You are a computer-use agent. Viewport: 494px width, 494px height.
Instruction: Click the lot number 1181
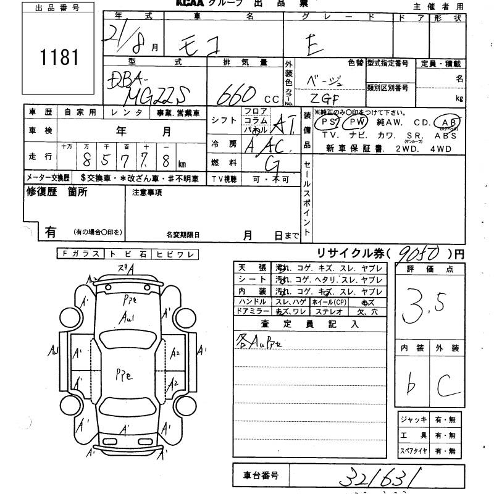(61, 58)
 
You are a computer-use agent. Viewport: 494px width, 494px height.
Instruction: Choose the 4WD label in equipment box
(441, 149)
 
